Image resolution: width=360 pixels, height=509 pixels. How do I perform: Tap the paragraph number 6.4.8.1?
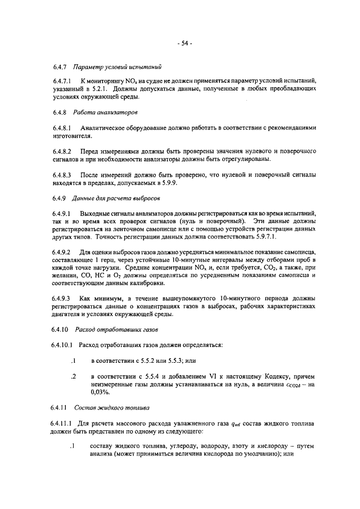[x=61, y=128]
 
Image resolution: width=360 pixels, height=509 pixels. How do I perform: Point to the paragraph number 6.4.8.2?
[x=61, y=152]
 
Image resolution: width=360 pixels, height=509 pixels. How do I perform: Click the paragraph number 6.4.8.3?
[x=61, y=175]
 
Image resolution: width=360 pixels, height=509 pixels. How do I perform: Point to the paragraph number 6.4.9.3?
[x=61, y=299]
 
